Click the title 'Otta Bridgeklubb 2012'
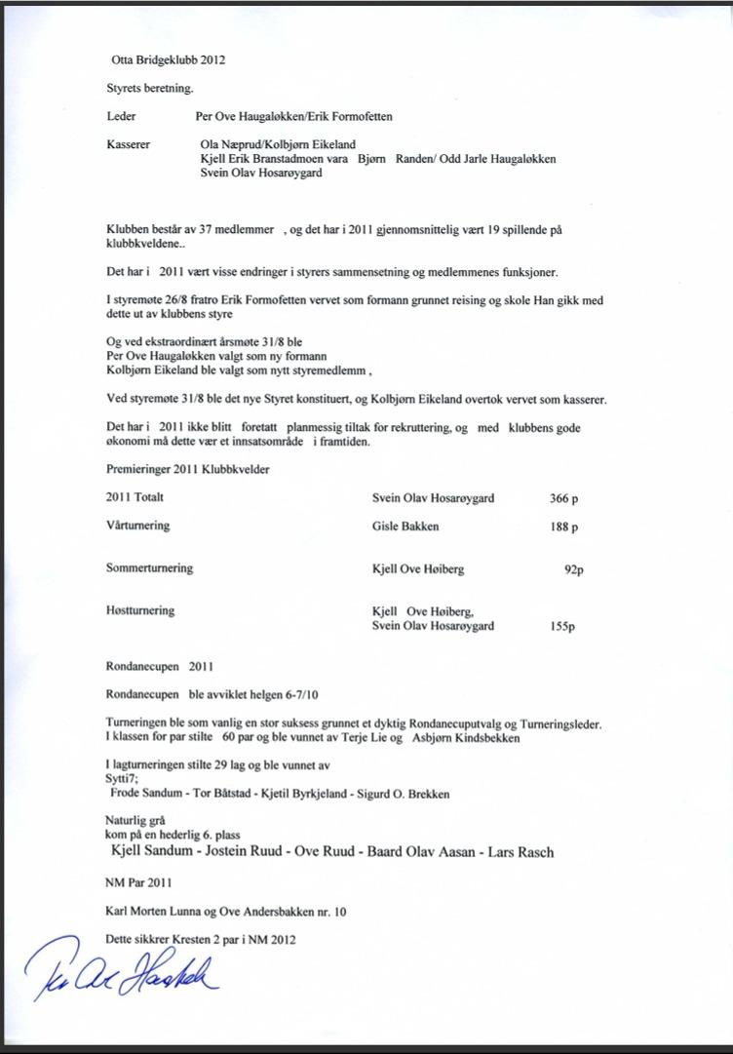tap(168, 60)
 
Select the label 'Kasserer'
tap(128, 144)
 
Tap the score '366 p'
tap(563, 498)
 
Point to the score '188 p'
tap(563, 527)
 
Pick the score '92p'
tap(573, 569)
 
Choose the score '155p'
tap(562, 627)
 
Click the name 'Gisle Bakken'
tap(405, 527)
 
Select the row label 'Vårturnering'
tap(137, 526)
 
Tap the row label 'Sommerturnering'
tap(149, 567)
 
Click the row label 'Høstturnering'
tap(140, 610)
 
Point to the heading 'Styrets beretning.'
tap(150, 88)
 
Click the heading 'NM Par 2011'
tap(138, 883)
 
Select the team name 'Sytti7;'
tap(122, 779)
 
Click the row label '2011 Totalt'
tap(135, 497)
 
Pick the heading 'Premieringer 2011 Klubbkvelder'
tap(188, 469)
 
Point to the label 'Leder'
tap(121, 116)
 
